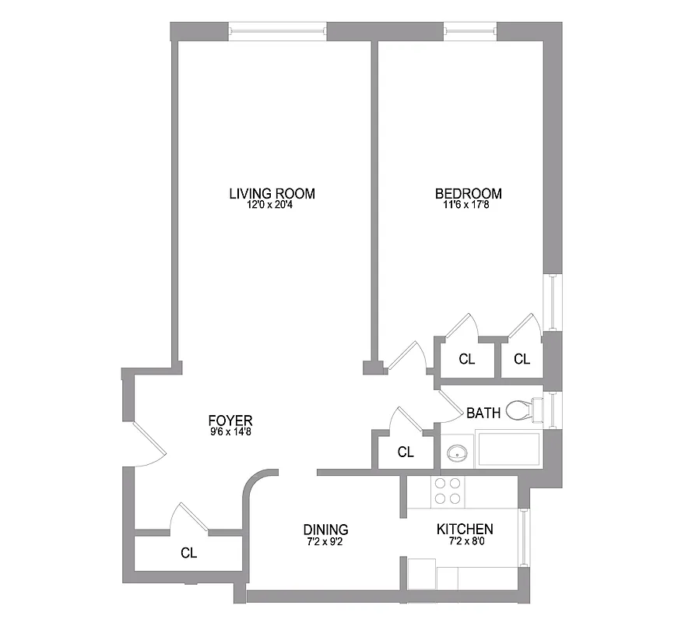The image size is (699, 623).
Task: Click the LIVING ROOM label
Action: (272, 194)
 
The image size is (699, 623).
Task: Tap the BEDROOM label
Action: (468, 194)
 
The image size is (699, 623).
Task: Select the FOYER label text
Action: (230, 421)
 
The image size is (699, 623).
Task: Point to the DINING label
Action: (325, 530)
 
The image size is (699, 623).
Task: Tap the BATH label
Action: (483, 413)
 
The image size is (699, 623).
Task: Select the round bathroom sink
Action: (457, 452)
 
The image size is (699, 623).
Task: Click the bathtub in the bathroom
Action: (508, 450)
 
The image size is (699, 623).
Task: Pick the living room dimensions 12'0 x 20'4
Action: (272, 206)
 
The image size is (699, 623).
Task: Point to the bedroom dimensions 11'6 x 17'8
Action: (468, 206)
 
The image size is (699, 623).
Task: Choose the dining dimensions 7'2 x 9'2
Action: (325, 540)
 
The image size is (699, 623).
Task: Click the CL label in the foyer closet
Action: (188, 554)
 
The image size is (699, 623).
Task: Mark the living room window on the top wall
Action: (278, 32)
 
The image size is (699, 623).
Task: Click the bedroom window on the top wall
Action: (470, 32)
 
